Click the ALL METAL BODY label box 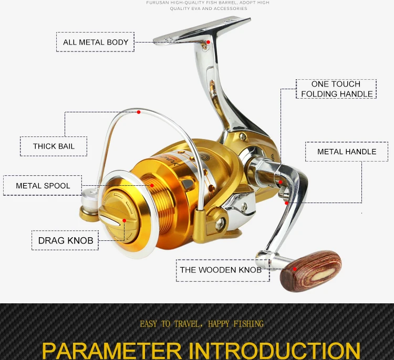pyautogui.click(x=95, y=42)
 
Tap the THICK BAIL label pyautogui.click(x=54, y=146)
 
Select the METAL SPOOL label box pyautogui.click(x=43, y=186)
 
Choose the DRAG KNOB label pyautogui.click(x=65, y=240)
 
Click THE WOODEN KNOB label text pyautogui.click(x=221, y=270)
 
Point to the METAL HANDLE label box pyautogui.click(x=347, y=152)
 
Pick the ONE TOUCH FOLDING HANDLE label pyautogui.click(x=336, y=89)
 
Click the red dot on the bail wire pyautogui.click(x=139, y=112)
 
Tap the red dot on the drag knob pyautogui.click(x=124, y=220)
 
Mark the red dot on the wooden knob pyautogui.click(x=295, y=269)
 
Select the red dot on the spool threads pyautogui.click(x=152, y=186)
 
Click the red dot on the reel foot pyautogui.click(x=208, y=42)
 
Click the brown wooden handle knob pyautogui.click(x=311, y=271)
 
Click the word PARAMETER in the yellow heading pyautogui.click(x=112, y=351)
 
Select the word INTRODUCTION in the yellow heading pyautogui.click(x=274, y=351)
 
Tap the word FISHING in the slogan pyautogui.click(x=248, y=324)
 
